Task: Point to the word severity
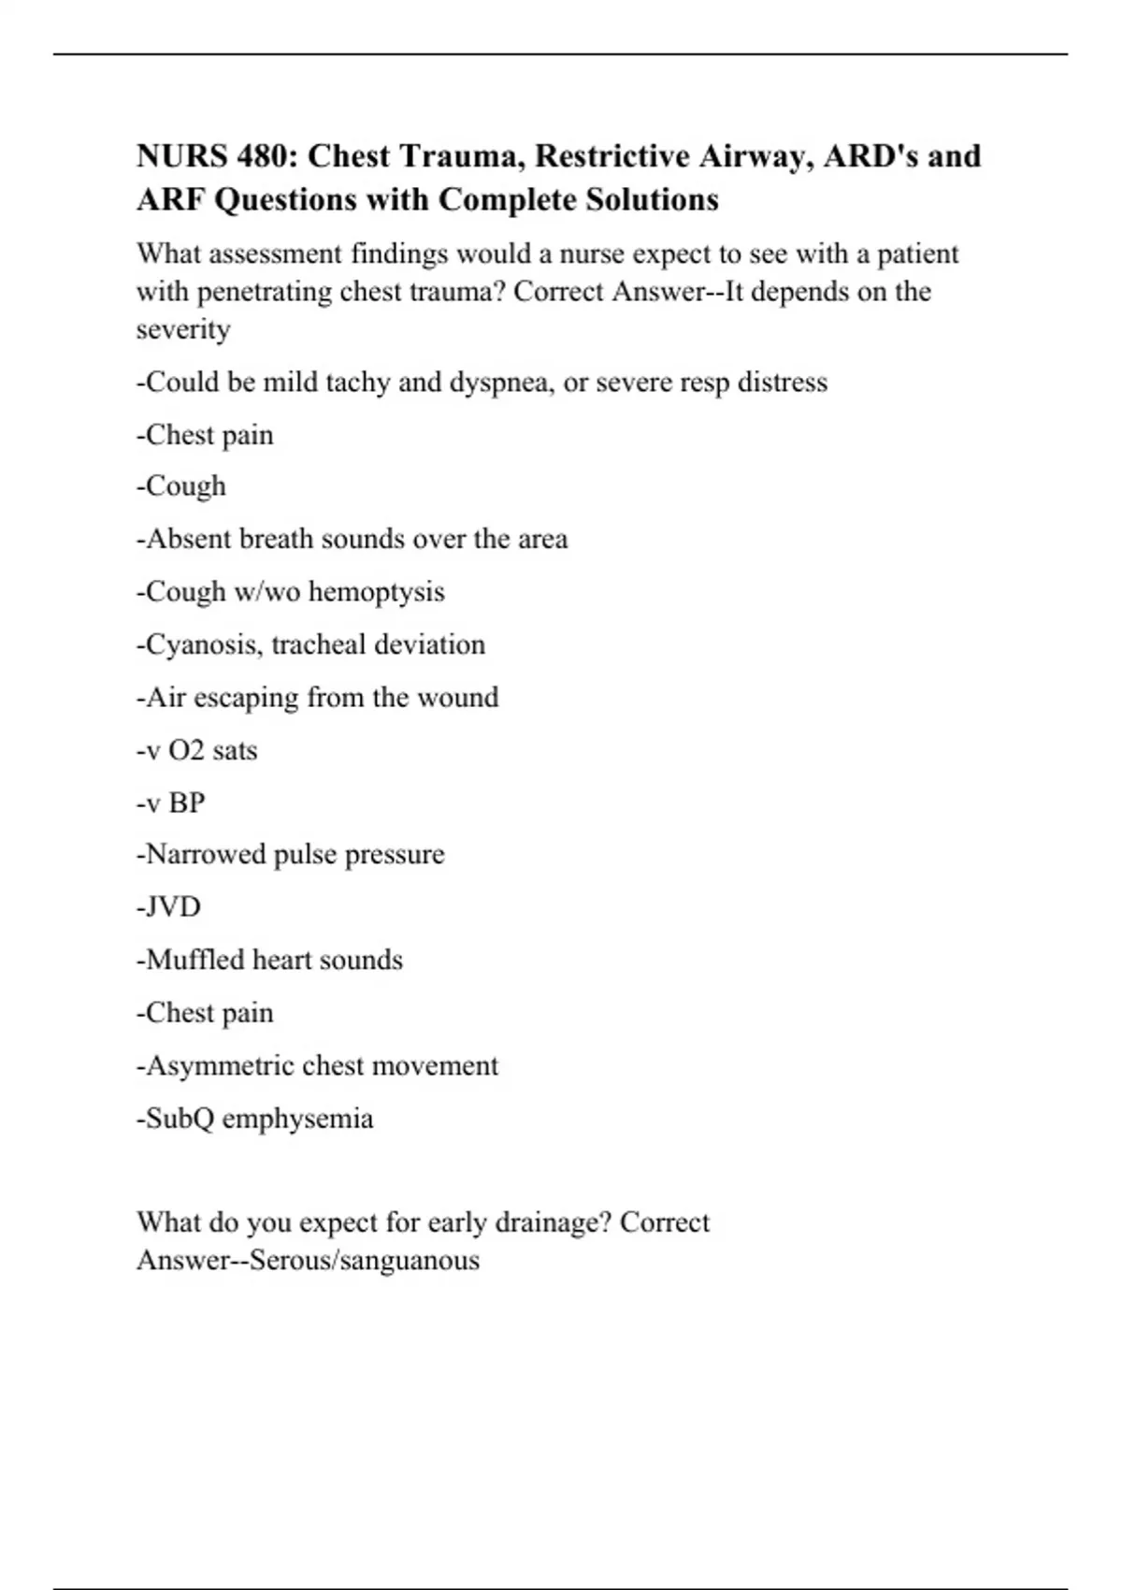point(183,329)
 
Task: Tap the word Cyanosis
point(199,644)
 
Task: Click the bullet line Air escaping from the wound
point(318,698)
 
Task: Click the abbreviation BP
point(186,802)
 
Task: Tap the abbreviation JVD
point(173,907)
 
